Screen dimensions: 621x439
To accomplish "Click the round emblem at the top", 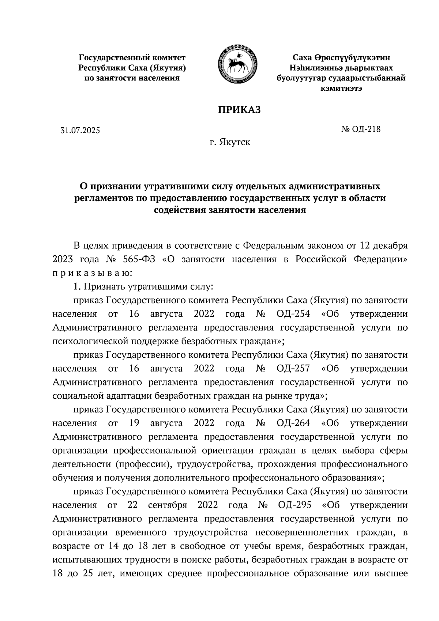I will (x=237, y=64).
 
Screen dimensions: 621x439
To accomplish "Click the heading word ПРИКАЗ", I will (x=239, y=109).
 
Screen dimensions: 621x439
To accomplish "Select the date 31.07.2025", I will (x=80, y=130).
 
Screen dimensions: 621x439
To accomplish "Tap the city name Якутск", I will (x=235, y=142).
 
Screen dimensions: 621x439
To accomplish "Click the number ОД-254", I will (x=293, y=314).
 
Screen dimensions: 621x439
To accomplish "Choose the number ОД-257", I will (x=293, y=368).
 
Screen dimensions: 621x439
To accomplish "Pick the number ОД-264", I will (x=293, y=423).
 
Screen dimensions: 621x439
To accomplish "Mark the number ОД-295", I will (x=294, y=505).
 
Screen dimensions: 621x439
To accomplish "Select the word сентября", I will (x=168, y=505).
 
